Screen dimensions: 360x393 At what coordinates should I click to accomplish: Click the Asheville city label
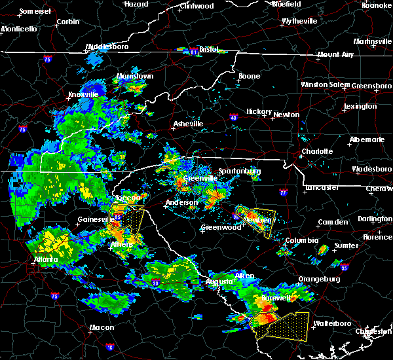coord(187,124)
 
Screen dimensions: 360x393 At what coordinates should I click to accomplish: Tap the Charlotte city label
coord(316,152)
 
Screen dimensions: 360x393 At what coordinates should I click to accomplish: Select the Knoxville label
coord(83,94)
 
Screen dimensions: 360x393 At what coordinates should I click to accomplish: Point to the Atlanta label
coord(46,259)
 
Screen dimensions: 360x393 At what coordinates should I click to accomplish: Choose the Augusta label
coord(219,281)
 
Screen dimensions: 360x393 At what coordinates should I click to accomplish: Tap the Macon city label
coord(102,327)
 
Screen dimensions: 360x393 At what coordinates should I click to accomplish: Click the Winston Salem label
coord(326,85)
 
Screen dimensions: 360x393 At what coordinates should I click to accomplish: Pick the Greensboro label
coord(371,86)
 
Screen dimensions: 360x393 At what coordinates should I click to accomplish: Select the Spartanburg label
coord(240,171)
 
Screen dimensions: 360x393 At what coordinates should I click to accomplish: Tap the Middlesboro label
coord(107,47)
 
